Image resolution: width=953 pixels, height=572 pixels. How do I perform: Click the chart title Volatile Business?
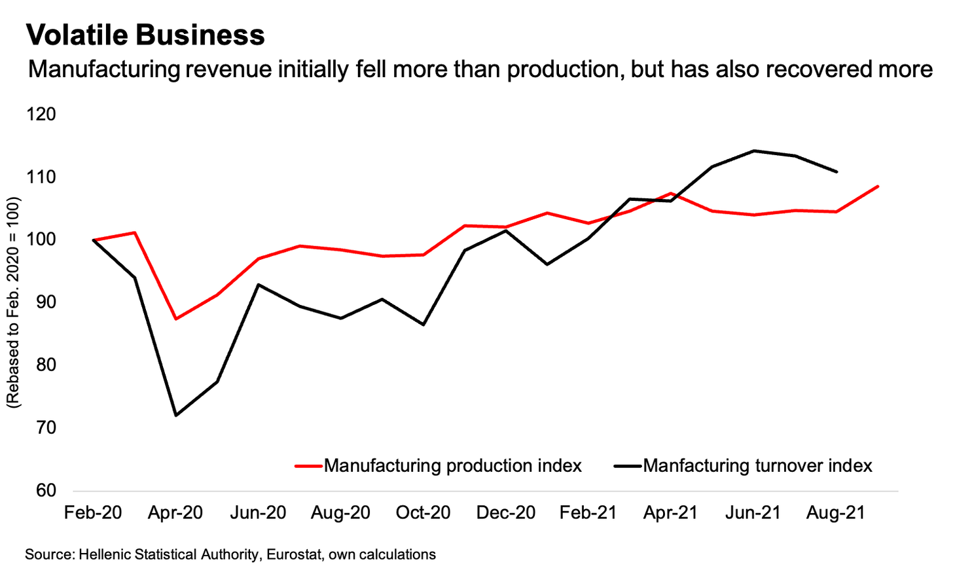[145, 35]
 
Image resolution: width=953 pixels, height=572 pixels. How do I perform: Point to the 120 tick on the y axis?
[41, 115]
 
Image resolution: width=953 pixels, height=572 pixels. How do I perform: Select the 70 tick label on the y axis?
[41, 428]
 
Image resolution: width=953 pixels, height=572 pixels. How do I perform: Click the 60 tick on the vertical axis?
[41, 490]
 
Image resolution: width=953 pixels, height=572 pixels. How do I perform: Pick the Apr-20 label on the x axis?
[175, 512]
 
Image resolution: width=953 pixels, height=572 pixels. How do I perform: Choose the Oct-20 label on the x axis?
[423, 512]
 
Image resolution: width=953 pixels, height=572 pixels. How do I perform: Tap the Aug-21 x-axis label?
[836, 512]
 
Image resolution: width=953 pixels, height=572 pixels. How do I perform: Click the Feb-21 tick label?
[588, 512]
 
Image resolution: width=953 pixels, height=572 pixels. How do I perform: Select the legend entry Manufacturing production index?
[452, 466]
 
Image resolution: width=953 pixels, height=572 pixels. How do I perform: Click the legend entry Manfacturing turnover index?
[757, 466]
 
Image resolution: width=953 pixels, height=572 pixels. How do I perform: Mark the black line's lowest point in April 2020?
[176, 416]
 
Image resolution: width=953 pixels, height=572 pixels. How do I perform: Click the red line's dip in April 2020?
[176, 319]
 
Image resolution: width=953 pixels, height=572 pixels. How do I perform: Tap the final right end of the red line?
[878, 187]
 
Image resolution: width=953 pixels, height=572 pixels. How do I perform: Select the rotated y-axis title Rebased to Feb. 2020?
[14, 302]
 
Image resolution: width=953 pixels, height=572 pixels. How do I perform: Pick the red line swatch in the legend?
[308, 466]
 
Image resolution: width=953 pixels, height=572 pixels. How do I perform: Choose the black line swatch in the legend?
[628, 466]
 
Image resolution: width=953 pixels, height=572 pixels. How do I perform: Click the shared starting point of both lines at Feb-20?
[94, 240]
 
